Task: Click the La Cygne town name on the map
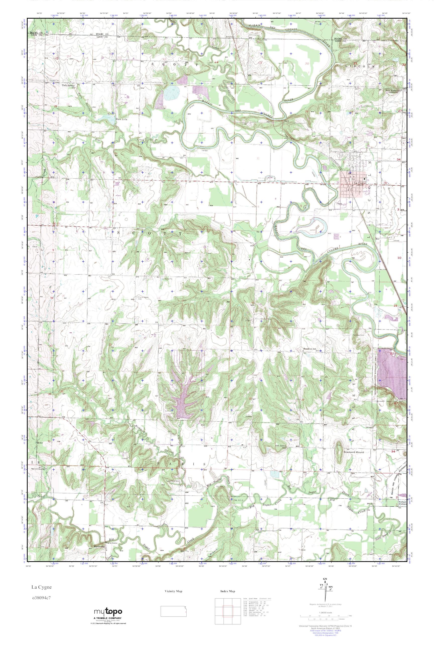tap(360, 183)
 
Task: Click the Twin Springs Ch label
tap(69, 86)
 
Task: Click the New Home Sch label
tap(391, 91)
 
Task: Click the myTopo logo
tap(108, 611)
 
